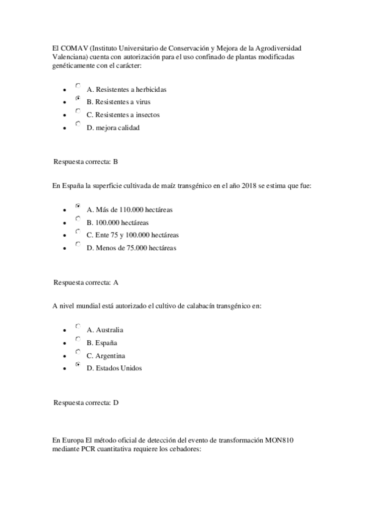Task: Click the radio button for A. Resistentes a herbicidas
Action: (x=78, y=86)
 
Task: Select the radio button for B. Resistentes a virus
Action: (x=78, y=98)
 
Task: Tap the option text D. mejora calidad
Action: (x=113, y=127)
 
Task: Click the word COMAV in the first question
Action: (x=74, y=48)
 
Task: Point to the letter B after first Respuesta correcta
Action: (x=115, y=162)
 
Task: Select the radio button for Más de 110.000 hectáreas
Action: (x=78, y=206)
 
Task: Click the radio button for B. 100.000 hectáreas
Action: (x=78, y=218)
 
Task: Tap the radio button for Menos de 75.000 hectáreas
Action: (x=78, y=244)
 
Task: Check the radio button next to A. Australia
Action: (x=78, y=327)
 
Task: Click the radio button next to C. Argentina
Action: (x=78, y=352)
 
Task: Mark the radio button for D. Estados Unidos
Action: (x=78, y=365)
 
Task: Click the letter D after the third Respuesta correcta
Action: (x=115, y=403)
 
